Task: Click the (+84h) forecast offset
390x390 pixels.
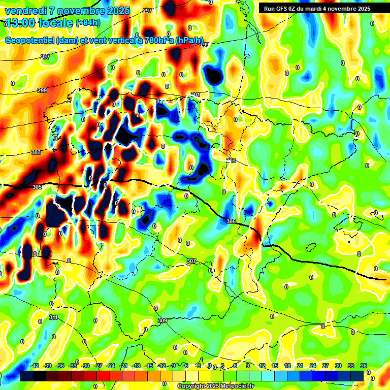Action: pyautogui.click(x=88, y=22)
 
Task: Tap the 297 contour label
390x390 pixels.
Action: pyautogui.click(x=147, y=11)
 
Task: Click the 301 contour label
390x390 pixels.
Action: pyautogui.click(x=196, y=94)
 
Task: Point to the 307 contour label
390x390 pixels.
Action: pyautogui.click(x=191, y=261)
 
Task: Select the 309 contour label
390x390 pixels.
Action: pyautogui.click(x=162, y=320)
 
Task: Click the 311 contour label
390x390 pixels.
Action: pyautogui.click(x=53, y=317)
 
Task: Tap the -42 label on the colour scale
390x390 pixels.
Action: pyautogui.click(x=35, y=366)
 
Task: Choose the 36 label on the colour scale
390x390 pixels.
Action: pyautogui.click(x=364, y=366)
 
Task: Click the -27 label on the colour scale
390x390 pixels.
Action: pyautogui.click(x=98, y=366)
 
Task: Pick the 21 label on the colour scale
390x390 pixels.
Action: pyautogui.click(x=300, y=366)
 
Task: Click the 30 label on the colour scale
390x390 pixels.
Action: pyautogui.click(x=338, y=366)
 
